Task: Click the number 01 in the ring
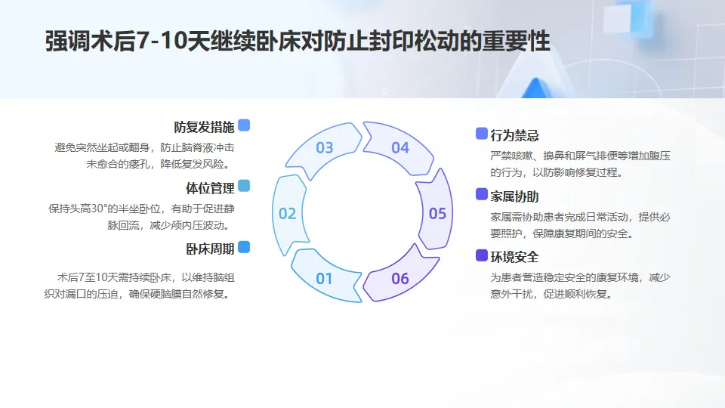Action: click(x=324, y=279)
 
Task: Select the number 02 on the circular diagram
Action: click(x=287, y=214)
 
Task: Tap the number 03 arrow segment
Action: click(x=325, y=148)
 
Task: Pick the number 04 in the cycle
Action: click(x=400, y=148)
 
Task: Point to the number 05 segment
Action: click(x=437, y=214)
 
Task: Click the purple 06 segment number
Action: click(x=400, y=279)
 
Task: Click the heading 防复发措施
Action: click(x=204, y=126)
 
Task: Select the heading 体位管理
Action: click(x=210, y=187)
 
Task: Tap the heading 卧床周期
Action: click(x=210, y=249)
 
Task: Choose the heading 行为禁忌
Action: click(x=514, y=136)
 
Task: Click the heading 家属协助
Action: click(x=514, y=196)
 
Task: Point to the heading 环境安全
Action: click(x=514, y=257)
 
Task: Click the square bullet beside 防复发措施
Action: click(x=243, y=125)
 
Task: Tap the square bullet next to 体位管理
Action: click(x=243, y=187)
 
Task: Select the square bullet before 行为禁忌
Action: click(x=481, y=134)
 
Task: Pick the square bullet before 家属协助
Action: click(x=481, y=195)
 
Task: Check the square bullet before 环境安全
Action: click(x=481, y=255)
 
